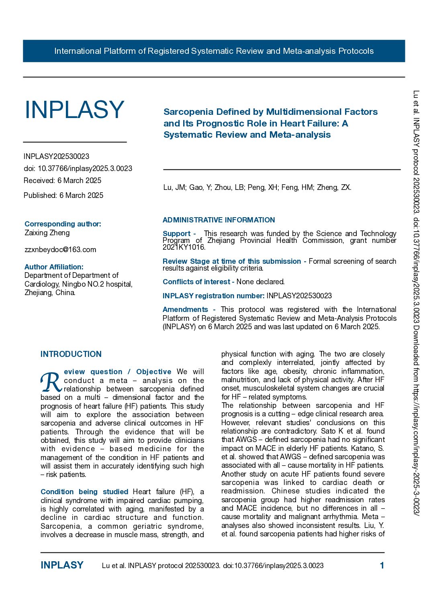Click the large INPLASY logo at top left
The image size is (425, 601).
click(x=74, y=110)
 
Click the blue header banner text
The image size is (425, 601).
click(x=214, y=51)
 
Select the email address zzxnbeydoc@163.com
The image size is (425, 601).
click(x=60, y=250)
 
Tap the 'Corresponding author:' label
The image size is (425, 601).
click(x=63, y=224)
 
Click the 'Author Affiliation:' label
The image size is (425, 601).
click(x=54, y=267)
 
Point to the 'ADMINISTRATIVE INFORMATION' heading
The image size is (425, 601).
click(x=219, y=220)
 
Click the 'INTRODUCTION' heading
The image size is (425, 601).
click(x=71, y=354)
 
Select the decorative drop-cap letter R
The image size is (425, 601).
click(x=51, y=383)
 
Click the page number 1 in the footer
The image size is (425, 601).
click(x=382, y=566)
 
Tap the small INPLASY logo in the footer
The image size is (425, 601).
click(x=62, y=565)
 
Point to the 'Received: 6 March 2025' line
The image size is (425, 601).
click(x=62, y=181)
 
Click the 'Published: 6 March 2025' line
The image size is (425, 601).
click(x=63, y=196)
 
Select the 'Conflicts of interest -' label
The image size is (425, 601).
click(x=198, y=282)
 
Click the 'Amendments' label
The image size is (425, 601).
click(x=185, y=310)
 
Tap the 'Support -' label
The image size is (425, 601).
click(x=179, y=234)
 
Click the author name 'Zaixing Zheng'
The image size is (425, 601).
click(x=47, y=233)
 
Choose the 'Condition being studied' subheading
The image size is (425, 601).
click(x=84, y=492)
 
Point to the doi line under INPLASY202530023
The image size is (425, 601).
click(x=78, y=169)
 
